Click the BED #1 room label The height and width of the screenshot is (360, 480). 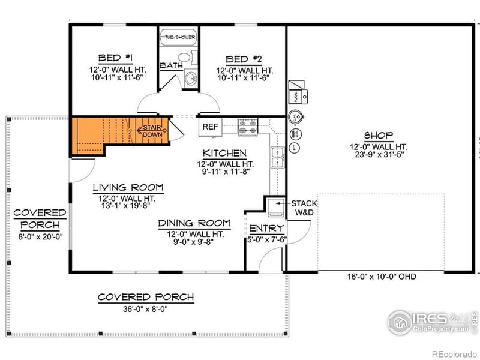pos(115,58)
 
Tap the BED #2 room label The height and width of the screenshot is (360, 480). pos(243,59)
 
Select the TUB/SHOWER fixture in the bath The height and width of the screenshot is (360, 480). pos(177,37)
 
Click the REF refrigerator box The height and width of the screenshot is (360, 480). pos(210,127)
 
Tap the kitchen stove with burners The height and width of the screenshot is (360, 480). pos(248,127)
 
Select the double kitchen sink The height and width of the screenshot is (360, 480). pos(277,157)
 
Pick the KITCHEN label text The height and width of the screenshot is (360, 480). pos(224,153)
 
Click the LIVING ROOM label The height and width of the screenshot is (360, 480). pos(128,188)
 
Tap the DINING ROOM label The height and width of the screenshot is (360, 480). pos(194,223)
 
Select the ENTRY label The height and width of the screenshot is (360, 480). pos(266,229)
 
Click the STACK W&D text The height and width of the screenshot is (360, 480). pos(304,208)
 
